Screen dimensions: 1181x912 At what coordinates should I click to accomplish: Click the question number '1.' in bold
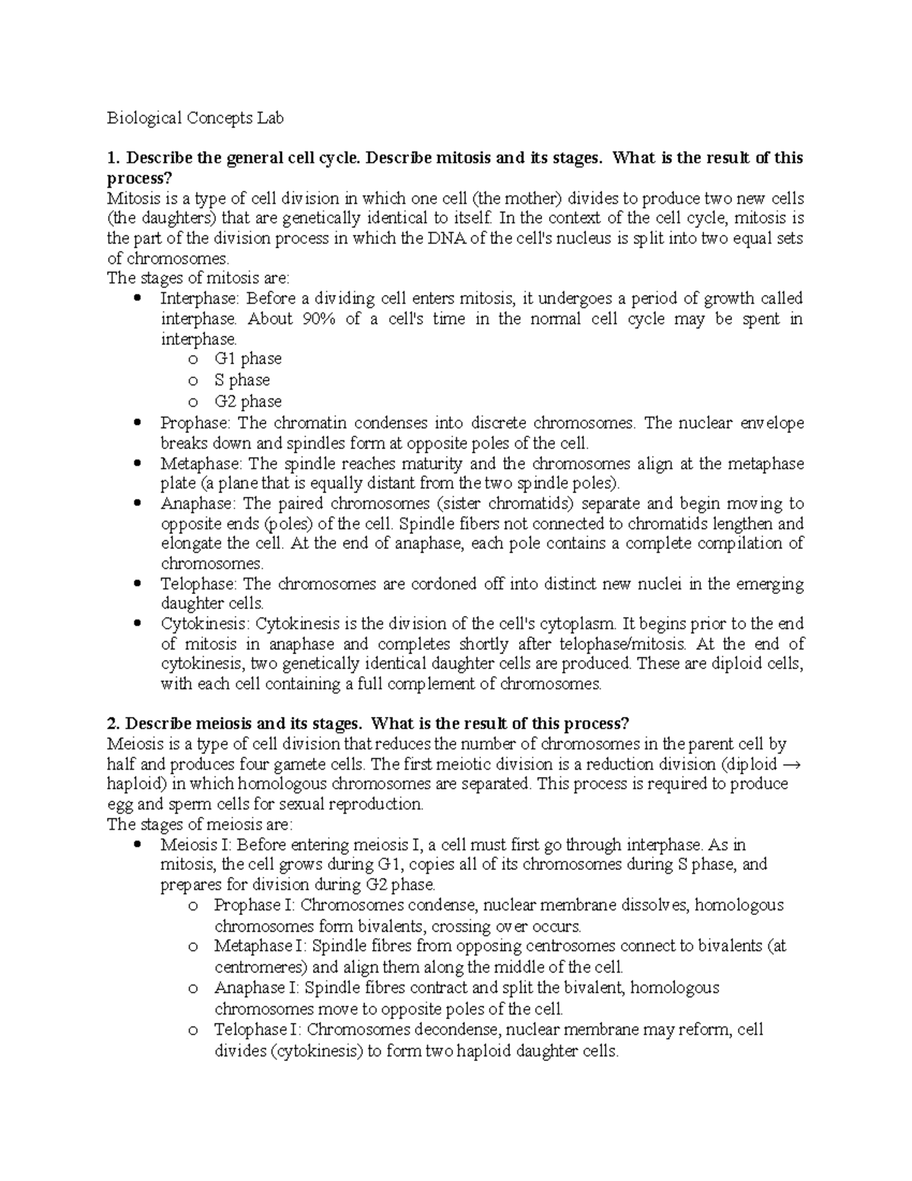coord(114,158)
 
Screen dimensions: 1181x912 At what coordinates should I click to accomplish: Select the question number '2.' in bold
coord(114,722)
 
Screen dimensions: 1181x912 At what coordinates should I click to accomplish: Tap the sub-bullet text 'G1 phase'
coord(248,359)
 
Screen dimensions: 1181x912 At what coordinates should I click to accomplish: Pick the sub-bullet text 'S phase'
coord(242,380)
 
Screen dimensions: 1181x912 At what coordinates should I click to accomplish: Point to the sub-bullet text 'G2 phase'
coord(248,402)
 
